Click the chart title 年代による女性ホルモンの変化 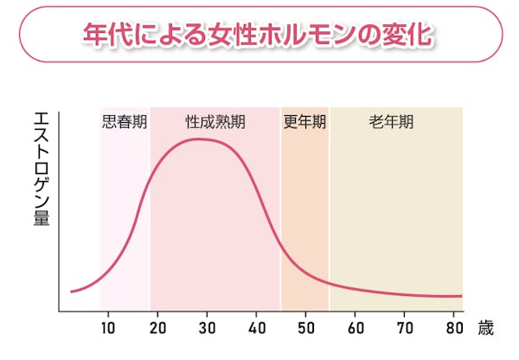click(x=259, y=35)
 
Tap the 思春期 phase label click(x=125, y=122)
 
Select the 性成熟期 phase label click(x=215, y=122)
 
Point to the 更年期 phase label click(x=304, y=122)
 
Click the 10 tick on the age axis click(x=109, y=328)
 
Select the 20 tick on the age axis click(x=158, y=328)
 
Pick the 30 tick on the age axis click(x=208, y=328)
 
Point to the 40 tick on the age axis click(x=258, y=328)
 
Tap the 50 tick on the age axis click(x=307, y=328)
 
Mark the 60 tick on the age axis click(x=356, y=328)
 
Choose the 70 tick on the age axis click(x=406, y=328)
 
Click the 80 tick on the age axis click(x=455, y=328)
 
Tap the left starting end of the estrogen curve click(x=71, y=292)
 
